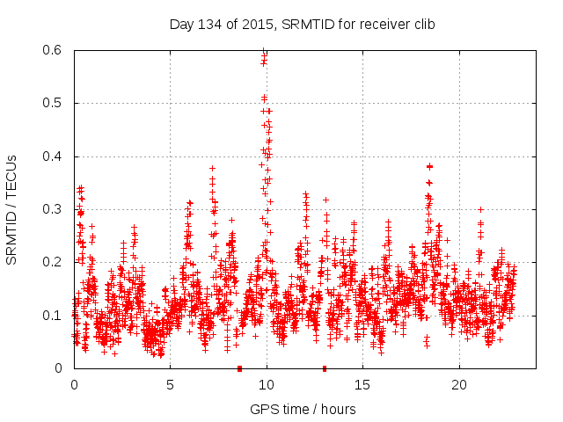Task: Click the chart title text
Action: [302, 24]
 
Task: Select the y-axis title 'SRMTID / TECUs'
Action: [11, 209]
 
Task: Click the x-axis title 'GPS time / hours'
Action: [303, 409]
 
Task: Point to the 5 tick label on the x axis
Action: [171, 385]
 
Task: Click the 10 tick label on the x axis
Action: [267, 385]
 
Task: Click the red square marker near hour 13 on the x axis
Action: [325, 368]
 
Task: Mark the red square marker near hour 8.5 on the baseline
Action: [239, 368]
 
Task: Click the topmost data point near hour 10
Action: [263, 52]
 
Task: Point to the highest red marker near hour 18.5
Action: [429, 166]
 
